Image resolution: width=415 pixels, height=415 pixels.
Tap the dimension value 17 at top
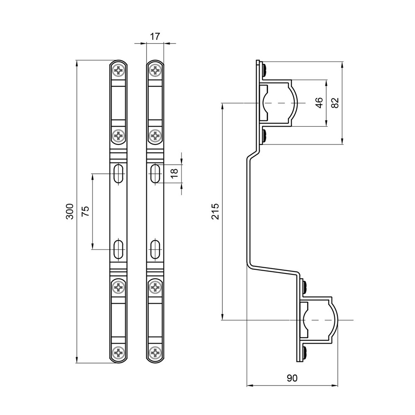tap(155, 37)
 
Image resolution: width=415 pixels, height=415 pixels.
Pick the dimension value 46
tap(319, 103)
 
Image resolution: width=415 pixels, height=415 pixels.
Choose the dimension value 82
tap(335, 103)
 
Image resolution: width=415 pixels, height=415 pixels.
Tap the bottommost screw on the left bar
tap(119, 353)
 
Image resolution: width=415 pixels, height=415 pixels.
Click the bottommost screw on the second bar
tap(156, 353)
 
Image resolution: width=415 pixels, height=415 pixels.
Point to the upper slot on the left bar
tap(119, 173)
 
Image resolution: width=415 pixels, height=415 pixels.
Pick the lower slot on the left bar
tap(119, 249)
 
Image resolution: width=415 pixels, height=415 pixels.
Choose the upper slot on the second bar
tap(156, 173)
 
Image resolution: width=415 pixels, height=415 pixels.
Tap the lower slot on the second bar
tap(156, 249)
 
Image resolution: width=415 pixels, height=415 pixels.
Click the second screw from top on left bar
tap(119, 135)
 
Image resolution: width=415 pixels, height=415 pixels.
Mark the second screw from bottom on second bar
tap(156, 287)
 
